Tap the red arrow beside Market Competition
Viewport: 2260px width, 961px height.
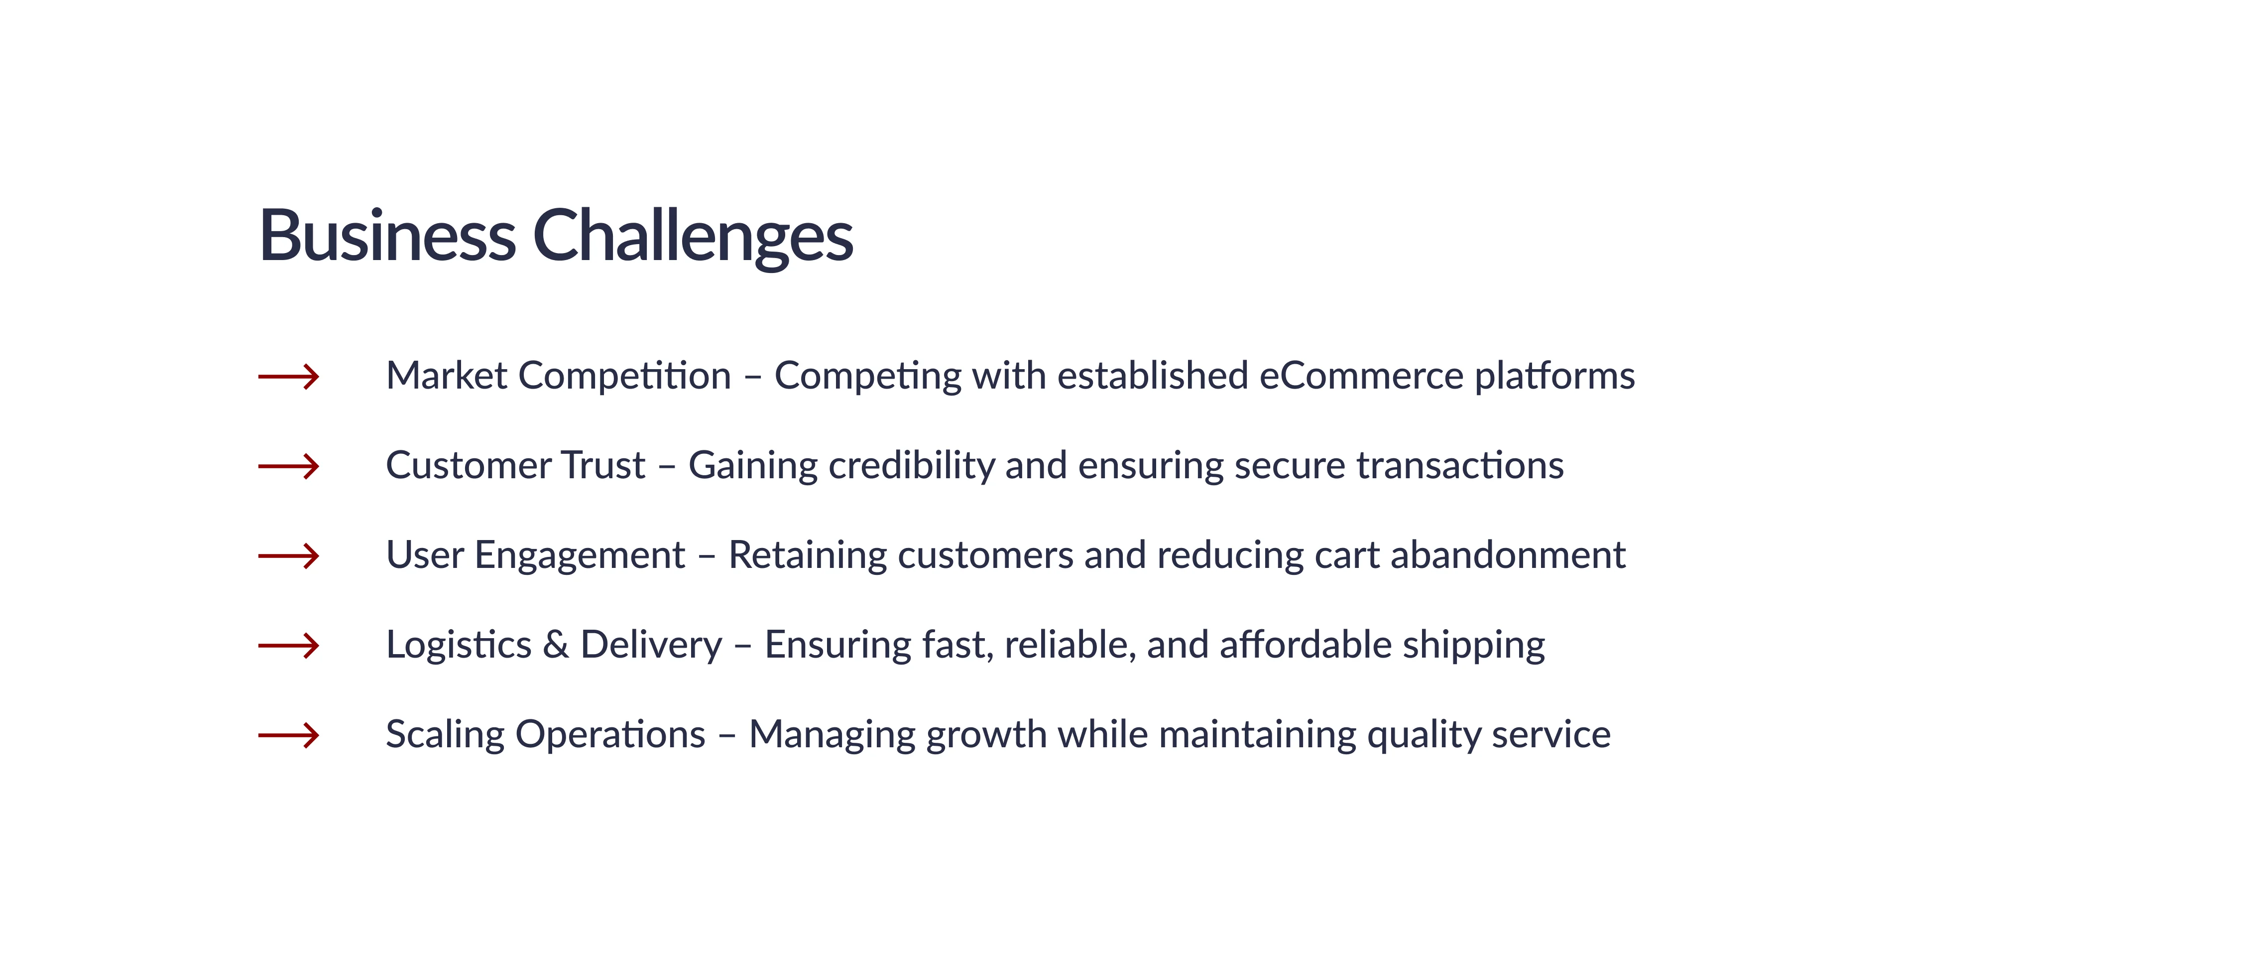tap(289, 377)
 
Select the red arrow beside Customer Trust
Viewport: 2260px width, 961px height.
tap(289, 466)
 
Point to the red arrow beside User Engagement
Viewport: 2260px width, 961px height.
tap(289, 555)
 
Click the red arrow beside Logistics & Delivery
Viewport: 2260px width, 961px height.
tap(289, 646)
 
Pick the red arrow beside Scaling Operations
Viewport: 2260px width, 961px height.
tap(289, 735)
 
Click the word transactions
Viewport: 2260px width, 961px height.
tap(1460, 466)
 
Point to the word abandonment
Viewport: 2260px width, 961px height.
tap(1508, 554)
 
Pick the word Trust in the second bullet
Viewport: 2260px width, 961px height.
tap(603, 466)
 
